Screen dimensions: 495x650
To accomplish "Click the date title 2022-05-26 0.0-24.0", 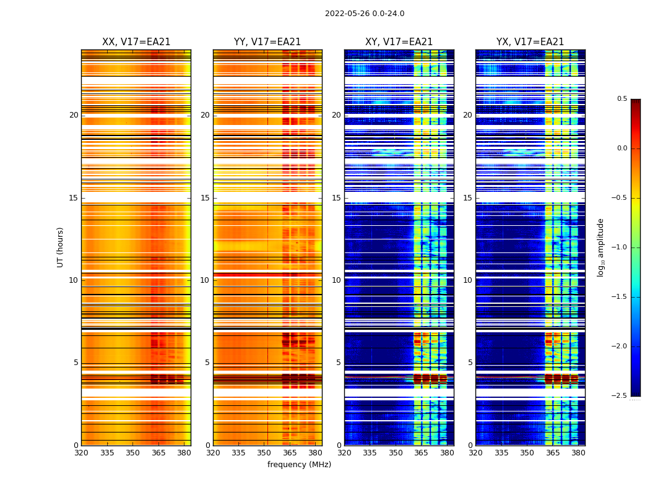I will tap(365, 14).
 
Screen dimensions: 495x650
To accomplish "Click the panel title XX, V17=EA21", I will tap(136, 42).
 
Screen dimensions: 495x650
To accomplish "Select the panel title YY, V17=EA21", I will tap(267, 42).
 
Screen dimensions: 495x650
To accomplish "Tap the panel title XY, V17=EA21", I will tap(399, 42).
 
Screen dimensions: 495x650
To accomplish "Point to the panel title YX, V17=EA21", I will tap(530, 42).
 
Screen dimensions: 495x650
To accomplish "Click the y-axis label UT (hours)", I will tap(61, 247).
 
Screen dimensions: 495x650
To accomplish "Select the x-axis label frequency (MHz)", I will tap(299, 465).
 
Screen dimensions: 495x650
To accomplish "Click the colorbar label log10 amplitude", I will tap(601, 247).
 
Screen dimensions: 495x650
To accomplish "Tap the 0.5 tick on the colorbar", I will tap(622, 99).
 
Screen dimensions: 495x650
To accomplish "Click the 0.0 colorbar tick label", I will tap(622, 148).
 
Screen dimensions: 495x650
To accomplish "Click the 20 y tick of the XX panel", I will tap(74, 115).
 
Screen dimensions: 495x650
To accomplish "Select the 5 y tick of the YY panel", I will tap(207, 363).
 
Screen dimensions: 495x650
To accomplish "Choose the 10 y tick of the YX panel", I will tap(467, 280).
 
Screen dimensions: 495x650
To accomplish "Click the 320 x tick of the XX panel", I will tap(81, 453).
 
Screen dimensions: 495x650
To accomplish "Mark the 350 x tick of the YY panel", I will tap(264, 453).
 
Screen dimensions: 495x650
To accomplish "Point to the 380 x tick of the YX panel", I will tap(578, 453).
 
